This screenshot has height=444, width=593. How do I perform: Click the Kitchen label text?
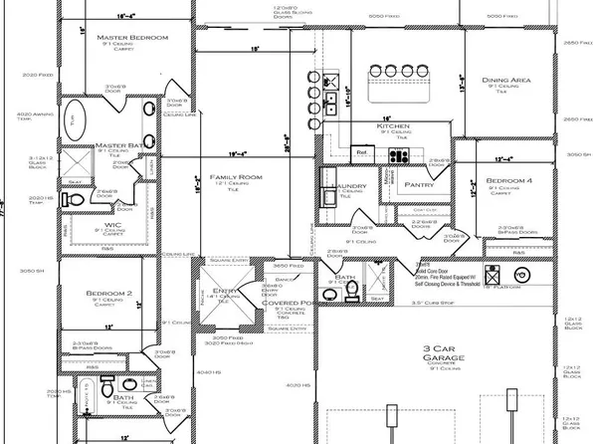pos(393,127)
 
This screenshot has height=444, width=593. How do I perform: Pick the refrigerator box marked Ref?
pos(362,152)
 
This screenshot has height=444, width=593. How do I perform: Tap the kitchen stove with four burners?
pos(400,154)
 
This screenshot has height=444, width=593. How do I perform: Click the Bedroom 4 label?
pos(508,181)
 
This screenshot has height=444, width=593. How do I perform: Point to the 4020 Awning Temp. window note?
pos(33,117)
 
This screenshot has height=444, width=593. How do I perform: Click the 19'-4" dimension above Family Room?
pos(236,154)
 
